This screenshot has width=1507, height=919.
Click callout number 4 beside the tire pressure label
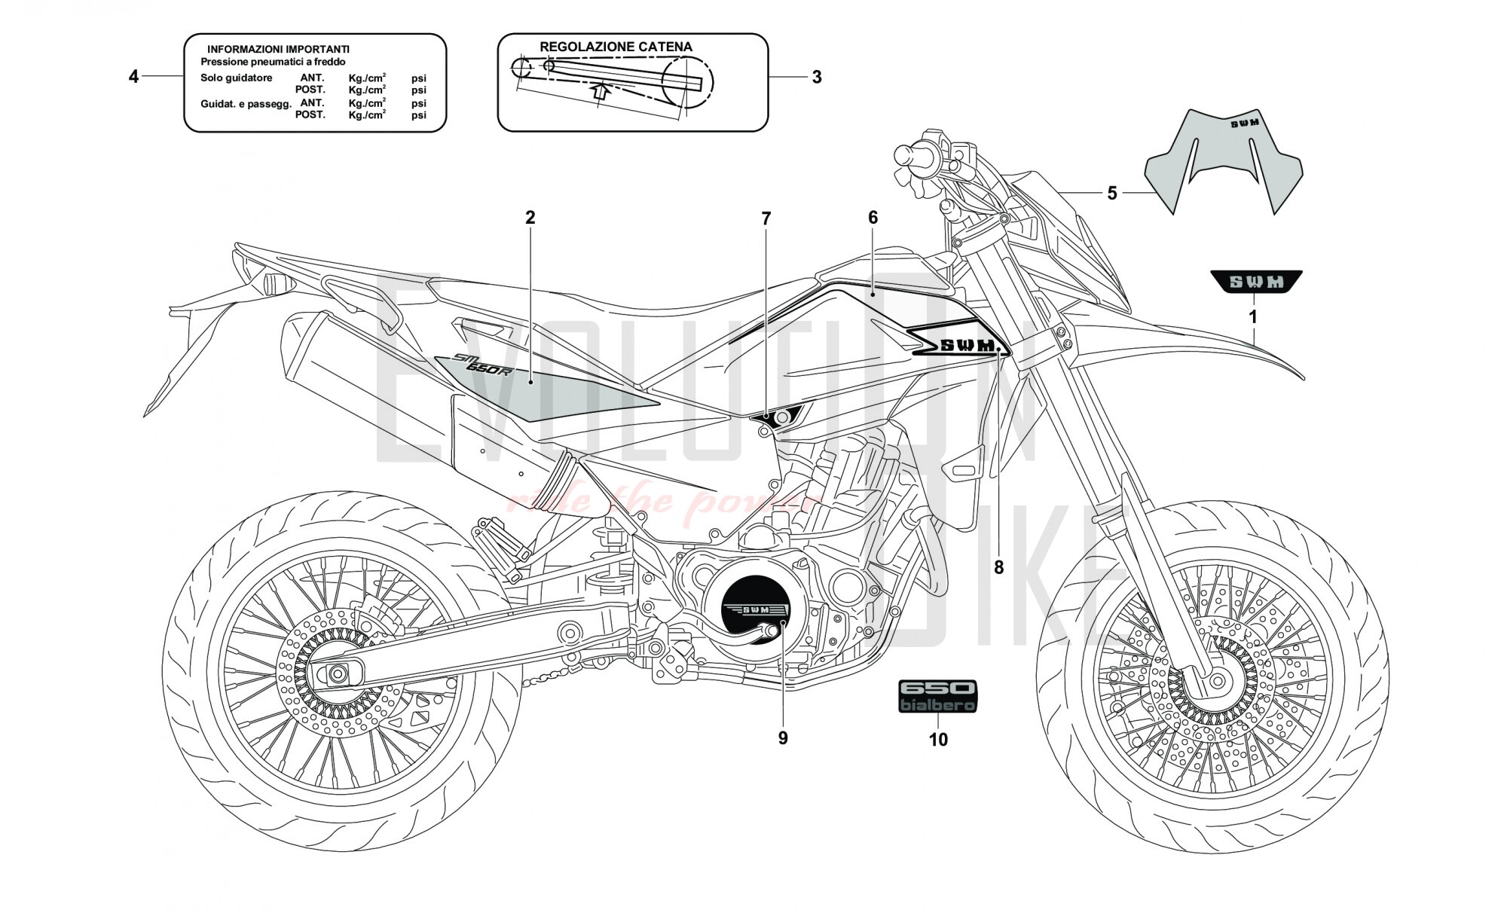tap(133, 77)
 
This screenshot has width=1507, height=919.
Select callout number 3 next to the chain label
tap(817, 77)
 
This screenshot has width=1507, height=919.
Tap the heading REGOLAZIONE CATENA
tap(616, 47)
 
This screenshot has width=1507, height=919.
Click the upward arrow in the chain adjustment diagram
tap(599, 91)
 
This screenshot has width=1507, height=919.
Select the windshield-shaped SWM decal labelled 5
tap(1224, 162)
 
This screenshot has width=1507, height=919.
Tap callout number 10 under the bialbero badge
tap(938, 740)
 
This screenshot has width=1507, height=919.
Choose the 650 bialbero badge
tap(937, 696)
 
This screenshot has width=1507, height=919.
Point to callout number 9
tap(783, 738)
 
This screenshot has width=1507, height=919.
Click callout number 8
tap(998, 568)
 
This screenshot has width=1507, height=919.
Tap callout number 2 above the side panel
tap(530, 218)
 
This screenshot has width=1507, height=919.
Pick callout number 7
tap(766, 219)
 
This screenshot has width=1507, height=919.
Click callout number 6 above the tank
tap(873, 218)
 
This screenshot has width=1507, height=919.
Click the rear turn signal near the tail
tap(274, 285)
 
